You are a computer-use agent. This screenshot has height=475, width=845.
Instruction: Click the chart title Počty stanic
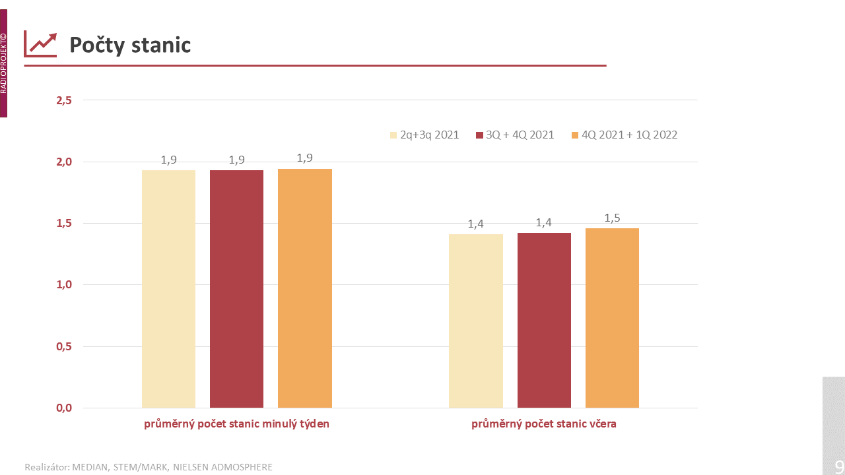130,45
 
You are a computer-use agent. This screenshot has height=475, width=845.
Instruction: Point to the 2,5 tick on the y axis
64,100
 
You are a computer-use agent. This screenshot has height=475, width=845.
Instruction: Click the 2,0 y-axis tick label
64,162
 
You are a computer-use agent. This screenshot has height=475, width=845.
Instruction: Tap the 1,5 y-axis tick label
64,224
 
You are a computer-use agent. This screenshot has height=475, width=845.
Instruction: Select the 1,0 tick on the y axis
64,285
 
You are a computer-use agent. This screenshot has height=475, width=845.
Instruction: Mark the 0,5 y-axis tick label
64,346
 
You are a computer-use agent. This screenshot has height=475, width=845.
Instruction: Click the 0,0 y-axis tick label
64,408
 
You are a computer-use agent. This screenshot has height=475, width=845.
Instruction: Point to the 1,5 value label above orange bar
612,218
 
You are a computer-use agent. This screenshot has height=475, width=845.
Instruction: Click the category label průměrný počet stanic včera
544,424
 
